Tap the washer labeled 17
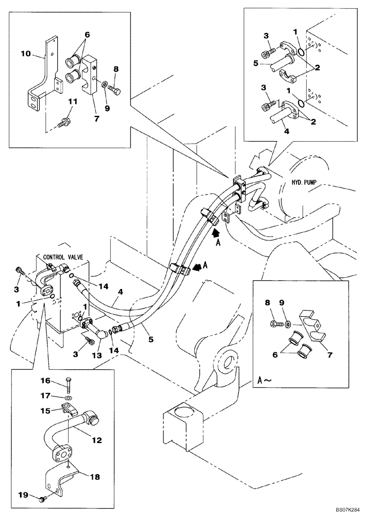tap(68, 399)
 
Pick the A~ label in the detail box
tap(263, 381)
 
